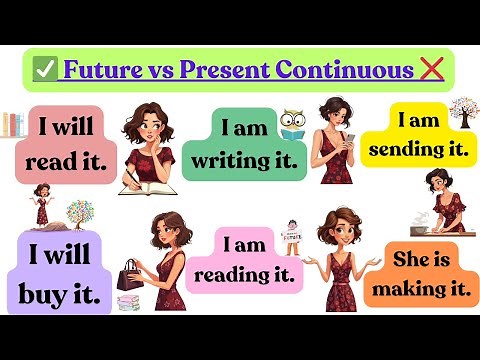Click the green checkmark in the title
pyautogui.click(x=44, y=70)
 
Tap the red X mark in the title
pyautogui.click(x=433, y=69)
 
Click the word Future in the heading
pyautogui.click(x=102, y=70)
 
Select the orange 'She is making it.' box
pyautogui.click(x=418, y=272)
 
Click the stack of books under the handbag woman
pyautogui.click(x=127, y=303)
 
